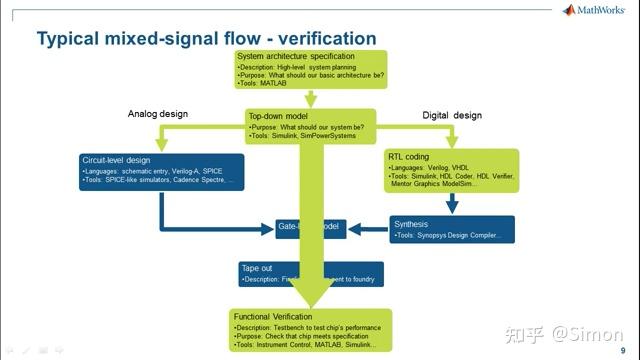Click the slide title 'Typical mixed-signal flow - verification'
[206, 39]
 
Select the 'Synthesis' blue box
[451, 230]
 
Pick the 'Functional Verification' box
[311, 329]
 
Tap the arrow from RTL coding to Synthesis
[452, 203]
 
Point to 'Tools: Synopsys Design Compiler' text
[455, 236]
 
